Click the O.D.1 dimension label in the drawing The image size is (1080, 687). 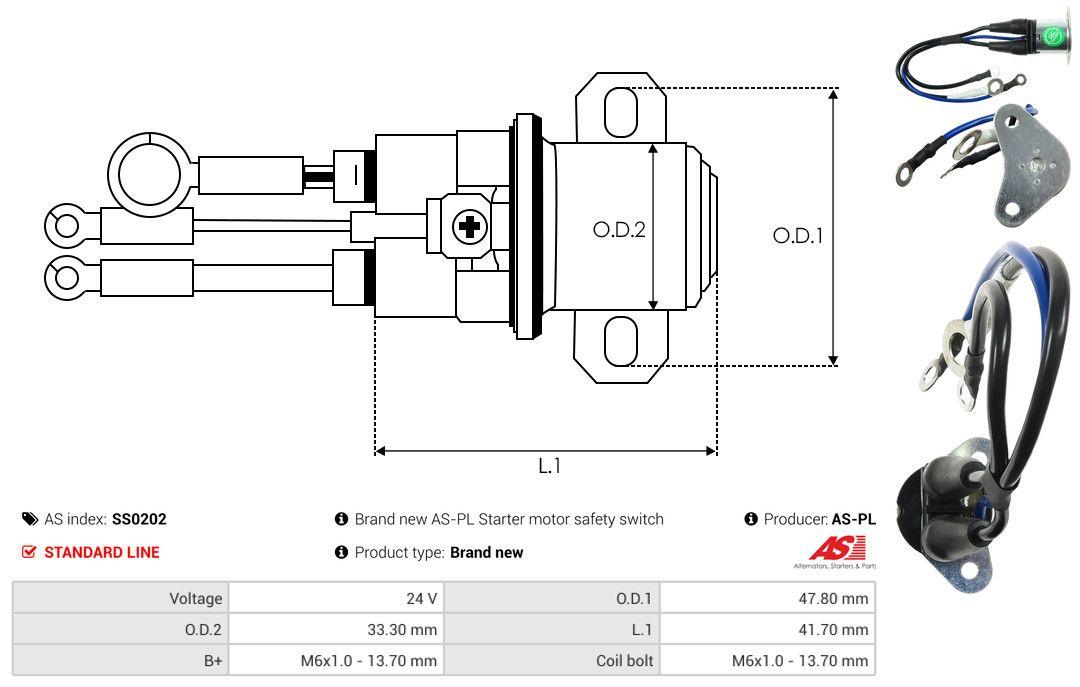797,236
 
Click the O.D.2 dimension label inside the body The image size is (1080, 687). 619,229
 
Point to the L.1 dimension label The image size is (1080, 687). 549,466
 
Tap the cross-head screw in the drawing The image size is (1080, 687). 469,227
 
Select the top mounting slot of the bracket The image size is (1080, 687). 620,110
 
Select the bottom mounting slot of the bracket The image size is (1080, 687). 620,341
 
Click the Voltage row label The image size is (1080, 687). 195,598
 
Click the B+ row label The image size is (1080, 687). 211,660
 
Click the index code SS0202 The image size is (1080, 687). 139,519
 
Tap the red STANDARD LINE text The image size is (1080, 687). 101,552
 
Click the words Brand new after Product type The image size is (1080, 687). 486,552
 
